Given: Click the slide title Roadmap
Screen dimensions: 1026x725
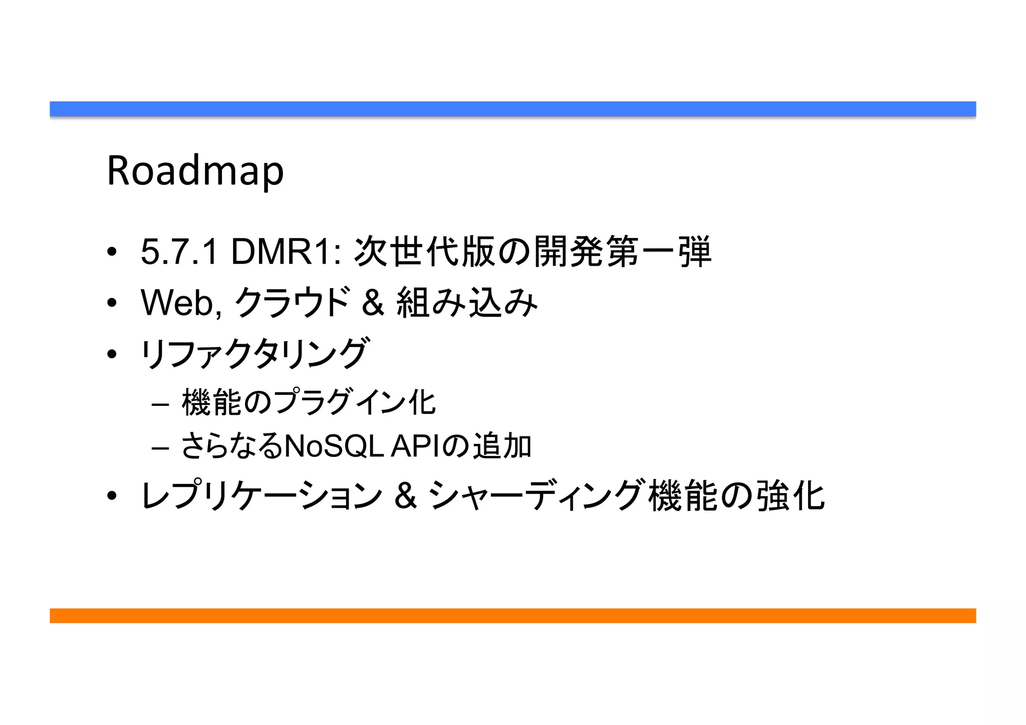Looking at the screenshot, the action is point(195,171).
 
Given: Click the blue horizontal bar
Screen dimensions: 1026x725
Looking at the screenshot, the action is point(512,109).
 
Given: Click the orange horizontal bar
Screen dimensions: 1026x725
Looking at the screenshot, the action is point(512,615).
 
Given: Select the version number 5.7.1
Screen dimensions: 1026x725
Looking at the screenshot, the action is point(179,252).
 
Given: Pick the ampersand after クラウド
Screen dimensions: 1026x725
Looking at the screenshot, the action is point(373,303).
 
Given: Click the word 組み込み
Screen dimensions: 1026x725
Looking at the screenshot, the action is point(467,303).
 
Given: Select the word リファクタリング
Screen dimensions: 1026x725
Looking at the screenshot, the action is point(254,354).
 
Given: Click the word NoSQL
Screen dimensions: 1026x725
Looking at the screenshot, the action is point(334,445).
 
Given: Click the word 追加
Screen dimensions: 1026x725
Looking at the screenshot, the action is point(502,445).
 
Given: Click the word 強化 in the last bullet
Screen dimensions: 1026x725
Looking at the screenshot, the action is point(791,496).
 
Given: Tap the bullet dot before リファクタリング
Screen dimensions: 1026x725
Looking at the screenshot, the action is point(112,354).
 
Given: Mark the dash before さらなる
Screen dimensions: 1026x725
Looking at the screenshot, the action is point(160,447).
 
